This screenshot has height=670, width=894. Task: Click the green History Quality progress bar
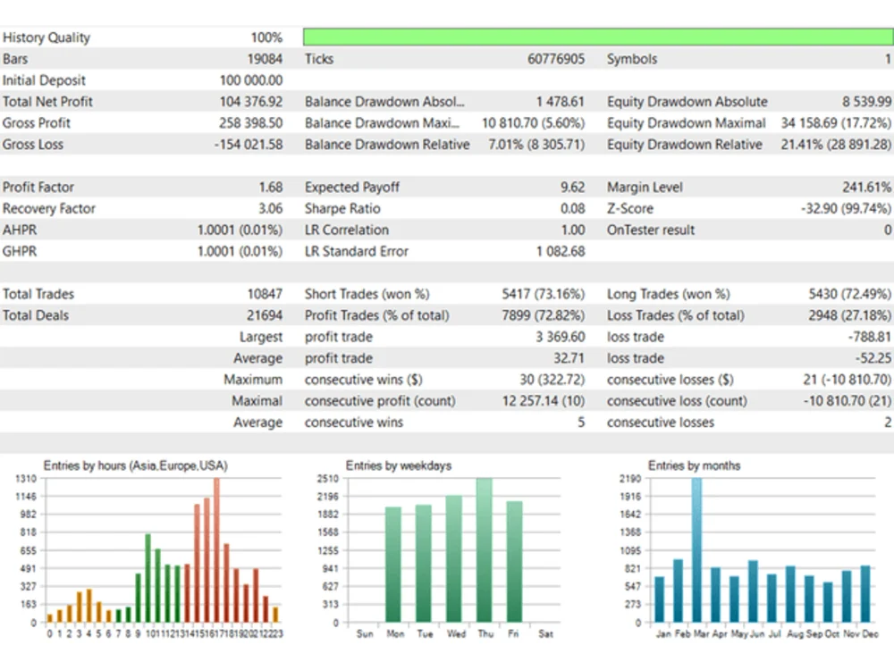(x=598, y=37)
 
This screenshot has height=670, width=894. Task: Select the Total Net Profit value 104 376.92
(x=251, y=102)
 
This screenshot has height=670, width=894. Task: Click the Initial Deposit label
(x=44, y=80)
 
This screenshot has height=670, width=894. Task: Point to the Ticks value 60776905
(x=556, y=59)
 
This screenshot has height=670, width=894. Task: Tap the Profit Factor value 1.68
(x=270, y=188)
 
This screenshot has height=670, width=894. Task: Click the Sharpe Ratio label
(x=342, y=208)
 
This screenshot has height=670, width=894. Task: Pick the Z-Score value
(x=846, y=208)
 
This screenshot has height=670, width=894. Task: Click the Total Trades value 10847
(x=265, y=294)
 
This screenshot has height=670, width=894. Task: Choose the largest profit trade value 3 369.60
(x=560, y=337)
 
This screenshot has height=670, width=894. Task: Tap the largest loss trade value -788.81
(x=869, y=337)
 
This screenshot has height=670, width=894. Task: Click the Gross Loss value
(x=249, y=145)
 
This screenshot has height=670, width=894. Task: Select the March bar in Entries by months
(x=696, y=550)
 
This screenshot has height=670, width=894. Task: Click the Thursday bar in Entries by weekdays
(x=484, y=550)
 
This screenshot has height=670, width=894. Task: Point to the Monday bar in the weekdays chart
(x=393, y=565)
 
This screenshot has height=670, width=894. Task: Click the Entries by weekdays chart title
(x=399, y=465)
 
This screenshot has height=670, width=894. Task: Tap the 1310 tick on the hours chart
(x=26, y=479)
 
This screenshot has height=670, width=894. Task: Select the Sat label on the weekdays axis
(x=545, y=633)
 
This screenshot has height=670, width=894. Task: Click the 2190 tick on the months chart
(x=630, y=479)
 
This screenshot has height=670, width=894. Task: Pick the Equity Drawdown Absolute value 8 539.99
(x=866, y=102)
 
